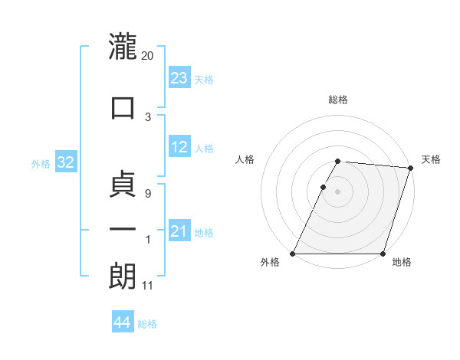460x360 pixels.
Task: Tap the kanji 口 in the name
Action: point(123,106)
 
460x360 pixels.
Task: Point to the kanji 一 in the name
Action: point(123,229)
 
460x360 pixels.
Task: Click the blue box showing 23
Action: point(179,78)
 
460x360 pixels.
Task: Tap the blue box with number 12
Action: point(179,148)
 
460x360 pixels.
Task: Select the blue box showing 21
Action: point(179,231)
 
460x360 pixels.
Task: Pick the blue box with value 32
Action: point(65,162)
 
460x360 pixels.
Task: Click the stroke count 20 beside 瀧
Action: point(148,55)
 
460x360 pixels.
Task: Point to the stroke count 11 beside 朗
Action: point(148,286)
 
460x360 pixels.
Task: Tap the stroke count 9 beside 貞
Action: point(148,194)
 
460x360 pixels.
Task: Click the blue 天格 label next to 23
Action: point(204,79)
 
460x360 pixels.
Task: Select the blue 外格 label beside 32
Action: point(41,163)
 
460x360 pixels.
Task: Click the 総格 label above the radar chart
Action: point(338,100)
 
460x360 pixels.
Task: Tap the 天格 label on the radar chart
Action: point(431,159)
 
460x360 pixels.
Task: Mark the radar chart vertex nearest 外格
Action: point(293,254)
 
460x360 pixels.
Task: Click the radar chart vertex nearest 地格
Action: point(383,254)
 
